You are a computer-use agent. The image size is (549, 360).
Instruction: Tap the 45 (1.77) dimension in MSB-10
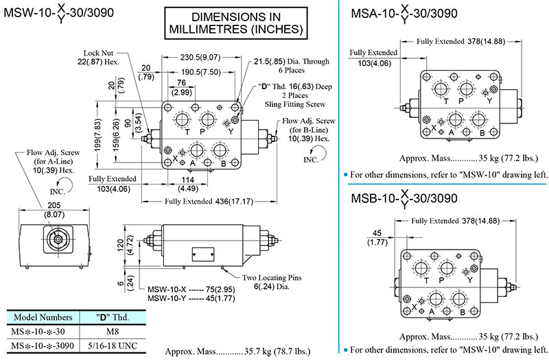point(377,237)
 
